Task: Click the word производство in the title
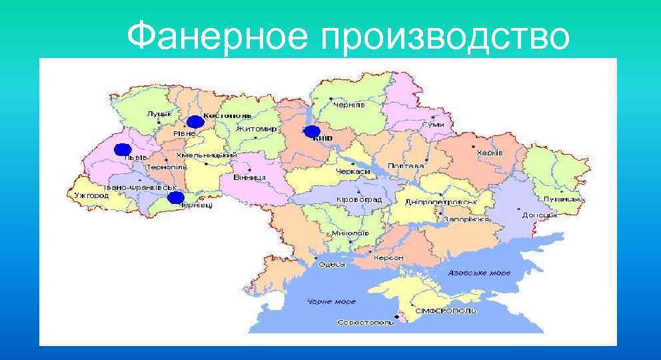point(445,37)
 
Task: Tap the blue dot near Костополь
point(195,121)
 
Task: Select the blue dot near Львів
point(122,149)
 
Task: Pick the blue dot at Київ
point(311,131)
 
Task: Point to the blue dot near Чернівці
point(175,197)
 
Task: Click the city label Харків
point(490,153)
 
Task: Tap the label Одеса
point(332,265)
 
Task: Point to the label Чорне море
point(331,302)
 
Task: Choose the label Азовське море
point(479,273)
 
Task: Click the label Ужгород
point(87,195)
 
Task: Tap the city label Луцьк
point(160,115)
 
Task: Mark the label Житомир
point(255,127)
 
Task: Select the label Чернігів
point(349,105)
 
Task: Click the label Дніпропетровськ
point(441,201)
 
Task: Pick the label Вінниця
point(251,177)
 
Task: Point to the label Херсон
point(389,257)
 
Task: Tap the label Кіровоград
point(359,199)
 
